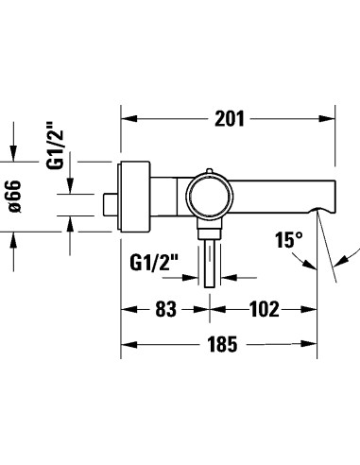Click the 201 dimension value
pos(230,118)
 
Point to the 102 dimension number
pos(266,308)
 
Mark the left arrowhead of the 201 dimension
pos(128,118)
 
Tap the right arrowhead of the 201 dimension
pos(330,118)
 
